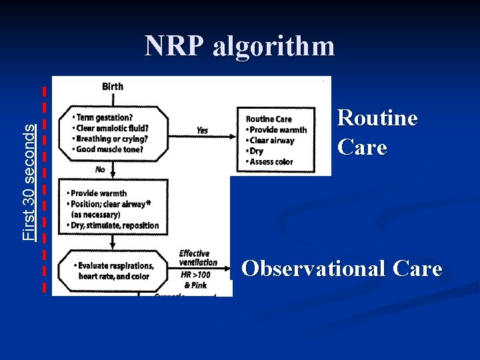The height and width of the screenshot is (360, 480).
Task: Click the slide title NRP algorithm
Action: (240, 46)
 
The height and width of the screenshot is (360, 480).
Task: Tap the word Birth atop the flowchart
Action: (112, 86)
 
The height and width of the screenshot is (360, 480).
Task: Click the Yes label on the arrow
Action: (201, 131)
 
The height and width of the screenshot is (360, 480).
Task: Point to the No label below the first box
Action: (100, 169)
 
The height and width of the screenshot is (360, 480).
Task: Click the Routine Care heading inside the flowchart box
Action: (269, 119)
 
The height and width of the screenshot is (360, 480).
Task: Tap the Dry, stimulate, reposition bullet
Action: (113, 225)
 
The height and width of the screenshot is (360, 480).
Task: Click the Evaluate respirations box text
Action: (116, 271)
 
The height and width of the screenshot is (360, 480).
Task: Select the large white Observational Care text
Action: (341, 269)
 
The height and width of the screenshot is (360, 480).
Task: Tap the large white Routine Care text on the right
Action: (377, 132)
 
